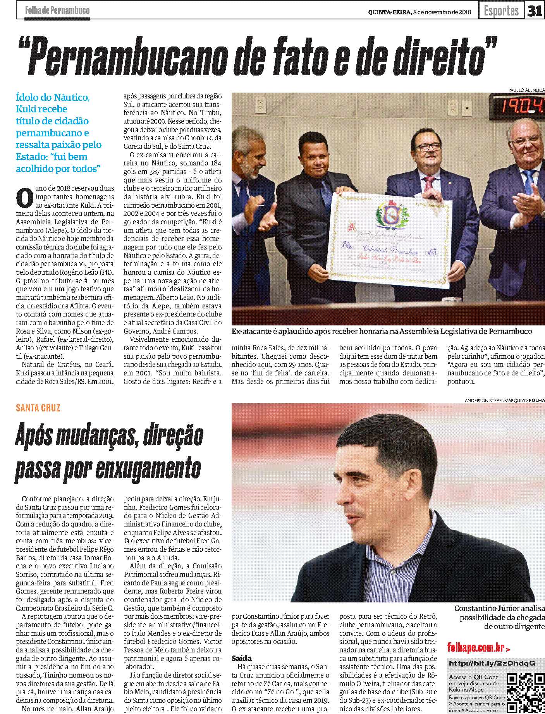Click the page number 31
[535, 11]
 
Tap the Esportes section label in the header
[501, 11]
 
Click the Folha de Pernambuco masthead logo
[57, 10]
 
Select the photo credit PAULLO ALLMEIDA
[526, 90]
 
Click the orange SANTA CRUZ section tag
[38, 408]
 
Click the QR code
[526, 693]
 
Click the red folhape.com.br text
[476, 647]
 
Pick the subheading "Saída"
[242, 658]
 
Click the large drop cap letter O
[25, 198]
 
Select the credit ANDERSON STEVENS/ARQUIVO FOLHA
[504, 400]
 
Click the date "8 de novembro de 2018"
[442, 12]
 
